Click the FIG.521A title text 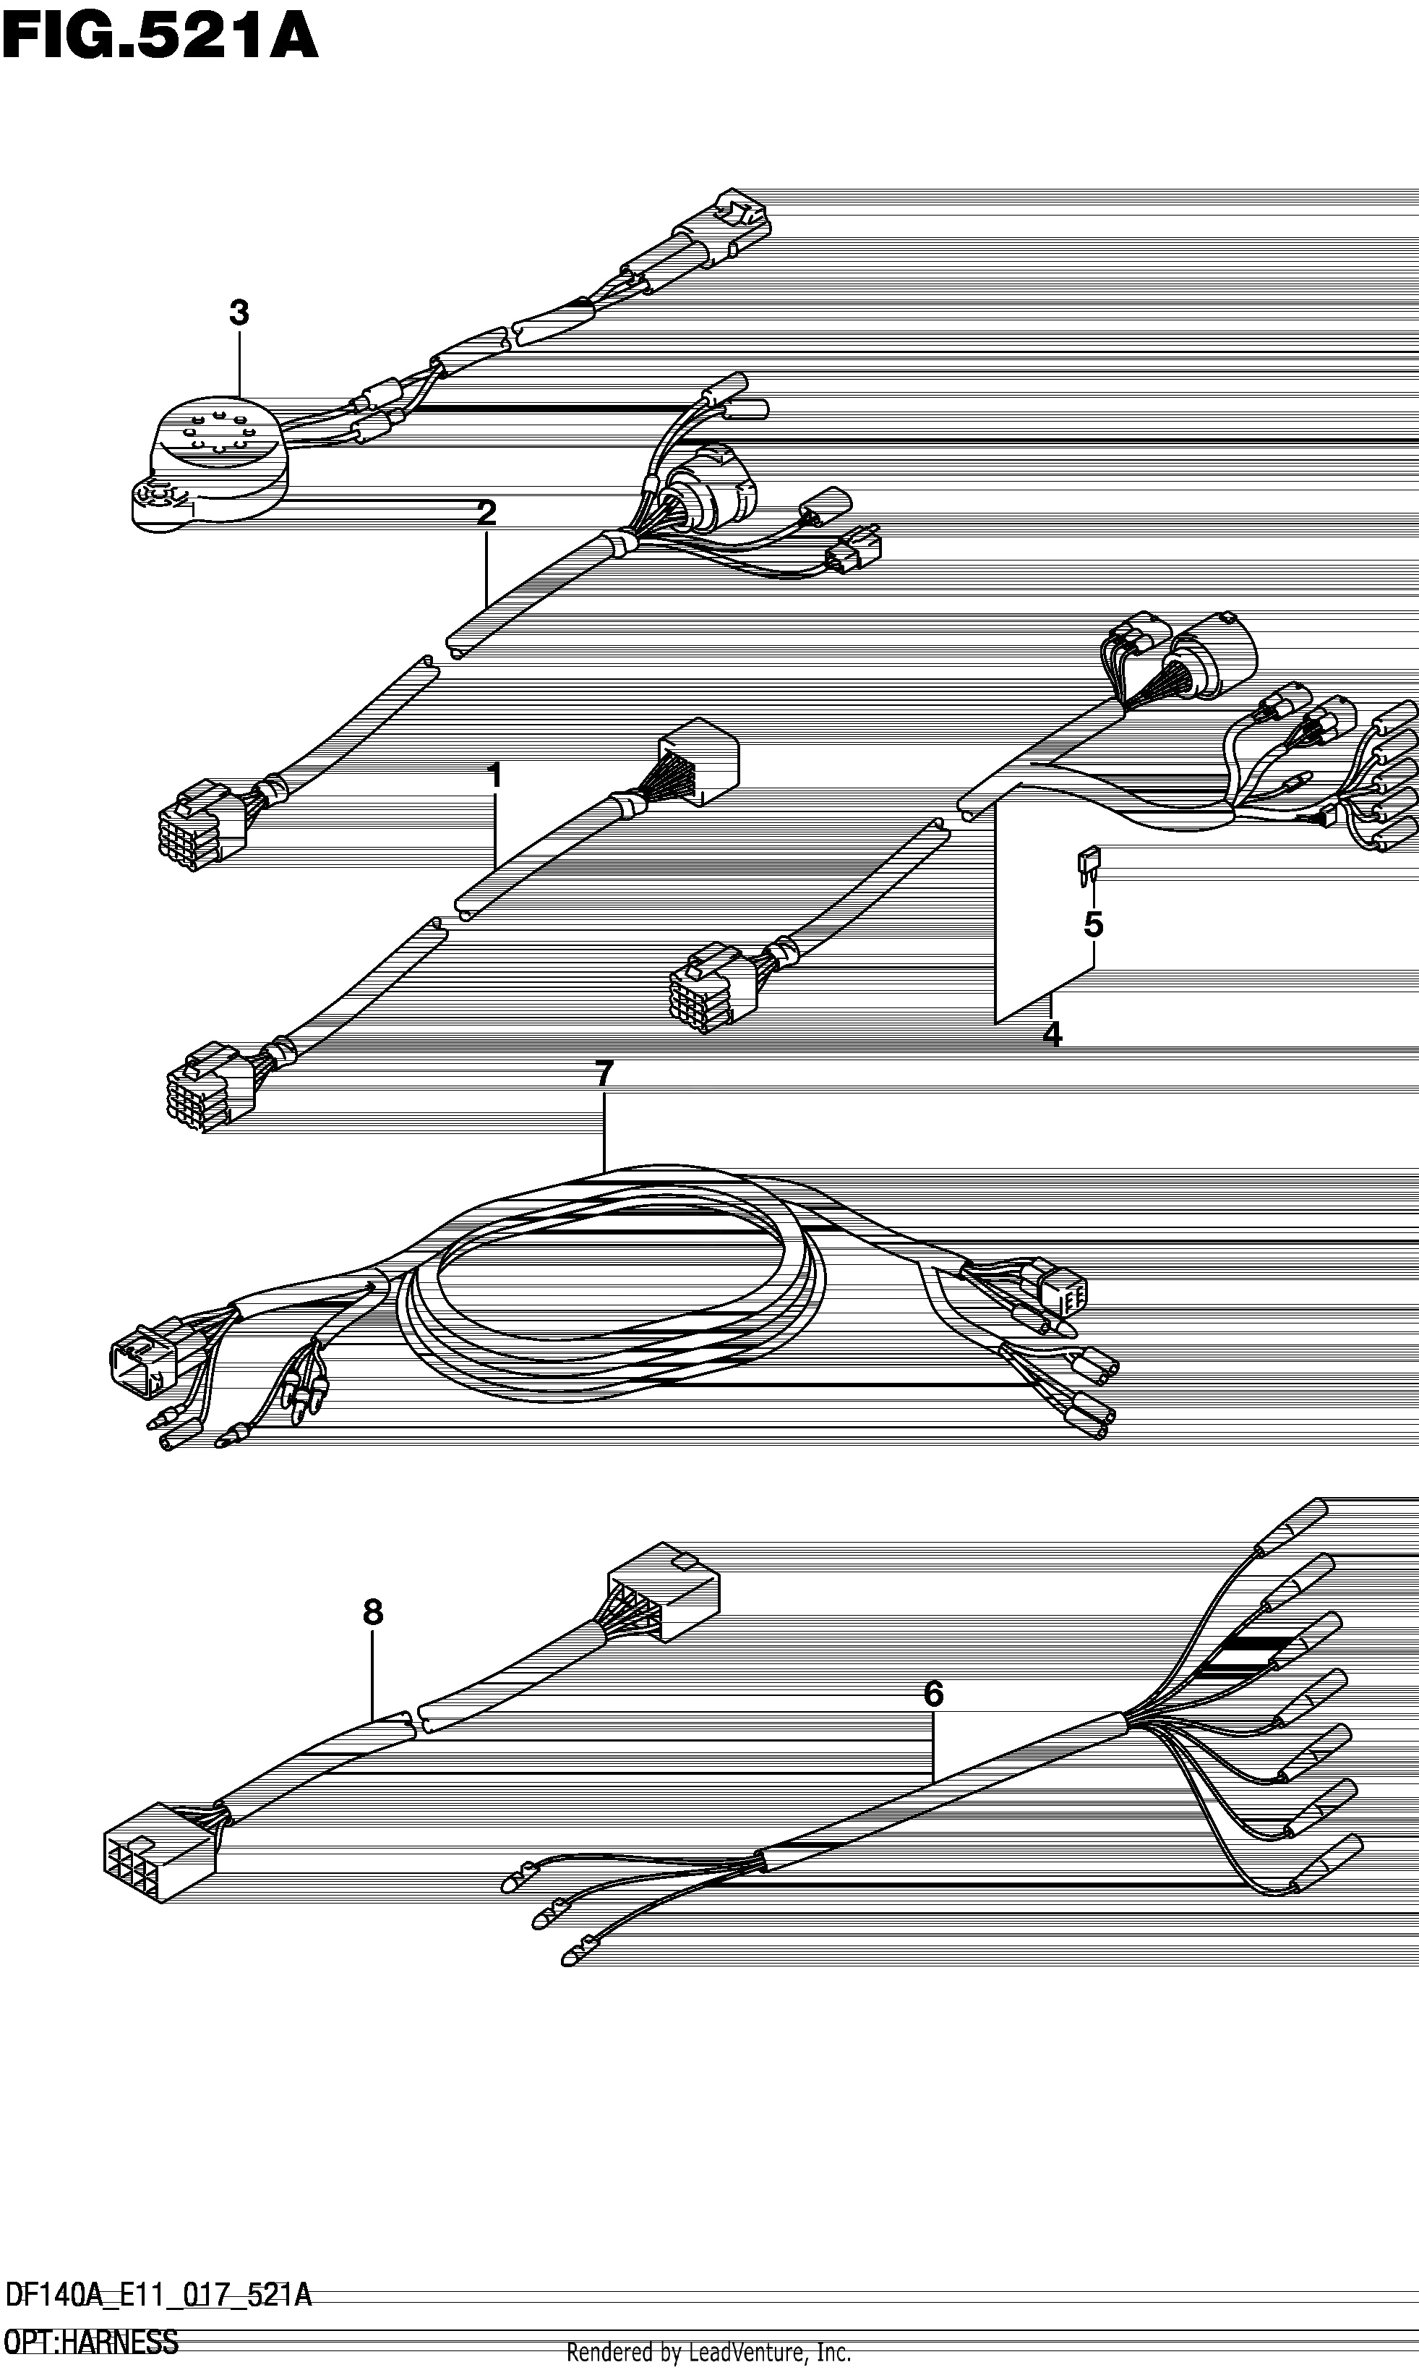pos(159,41)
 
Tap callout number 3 pos(239,312)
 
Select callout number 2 pos(486,513)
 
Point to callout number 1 pos(494,775)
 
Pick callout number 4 pos(1052,1034)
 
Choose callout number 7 pos(604,1074)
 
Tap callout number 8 pos(373,1614)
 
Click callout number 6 pos(933,1695)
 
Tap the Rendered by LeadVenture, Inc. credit pos(708,2353)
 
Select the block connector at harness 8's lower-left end pos(160,1851)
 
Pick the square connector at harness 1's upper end pos(698,762)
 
